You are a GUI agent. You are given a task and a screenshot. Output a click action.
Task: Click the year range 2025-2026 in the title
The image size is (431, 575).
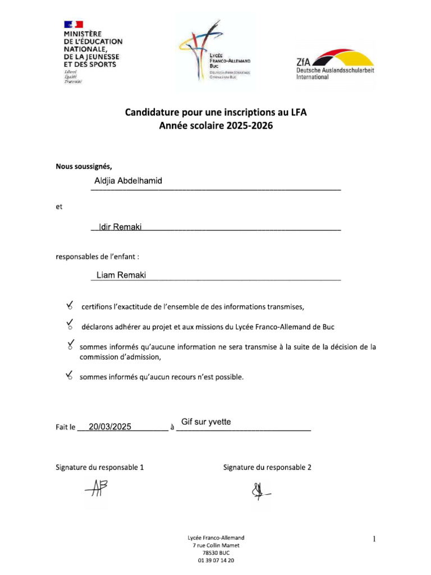click(x=250, y=126)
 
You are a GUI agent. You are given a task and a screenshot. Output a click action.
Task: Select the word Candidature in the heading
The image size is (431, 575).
click(x=153, y=113)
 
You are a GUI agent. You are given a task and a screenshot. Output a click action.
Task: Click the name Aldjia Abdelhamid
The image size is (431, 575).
click(x=129, y=181)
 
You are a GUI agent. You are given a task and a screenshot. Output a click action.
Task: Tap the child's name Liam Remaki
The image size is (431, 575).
click(x=121, y=275)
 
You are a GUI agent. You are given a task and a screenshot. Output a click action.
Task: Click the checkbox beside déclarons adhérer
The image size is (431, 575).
click(x=70, y=326)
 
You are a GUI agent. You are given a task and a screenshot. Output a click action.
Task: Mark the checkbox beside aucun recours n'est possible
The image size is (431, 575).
click(x=70, y=377)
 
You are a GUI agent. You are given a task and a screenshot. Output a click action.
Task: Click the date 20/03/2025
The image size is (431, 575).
click(x=110, y=427)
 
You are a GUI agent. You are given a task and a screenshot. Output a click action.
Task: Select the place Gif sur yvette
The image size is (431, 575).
click(x=206, y=422)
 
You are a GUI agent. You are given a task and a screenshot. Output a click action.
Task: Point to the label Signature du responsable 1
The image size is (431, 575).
click(x=99, y=467)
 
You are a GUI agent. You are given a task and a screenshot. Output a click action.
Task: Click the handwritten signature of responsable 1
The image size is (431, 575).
click(x=96, y=491)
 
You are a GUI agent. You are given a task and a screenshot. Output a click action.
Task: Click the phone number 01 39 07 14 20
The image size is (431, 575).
click(x=216, y=560)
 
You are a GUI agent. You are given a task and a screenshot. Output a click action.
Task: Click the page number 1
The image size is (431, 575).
click(x=373, y=540)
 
